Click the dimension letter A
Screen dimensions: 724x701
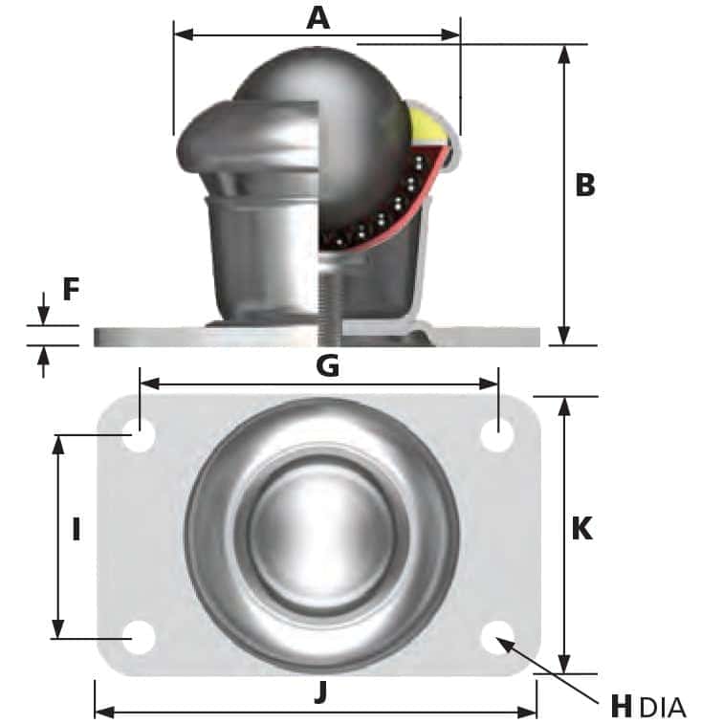(x=318, y=16)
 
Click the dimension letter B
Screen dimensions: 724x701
(x=584, y=185)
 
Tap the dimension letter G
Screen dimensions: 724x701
(x=327, y=365)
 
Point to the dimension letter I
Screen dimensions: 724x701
(x=76, y=529)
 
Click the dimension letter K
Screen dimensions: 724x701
(x=581, y=529)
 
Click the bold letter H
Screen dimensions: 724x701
(x=622, y=708)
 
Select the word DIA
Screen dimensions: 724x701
(x=662, y=709)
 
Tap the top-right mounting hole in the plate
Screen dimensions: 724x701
(x=497, y=437)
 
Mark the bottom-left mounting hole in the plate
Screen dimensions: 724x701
(x=140, y=637)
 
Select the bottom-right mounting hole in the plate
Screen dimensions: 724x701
(x=497, y=637)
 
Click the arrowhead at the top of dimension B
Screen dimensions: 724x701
(x=564, y=54)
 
